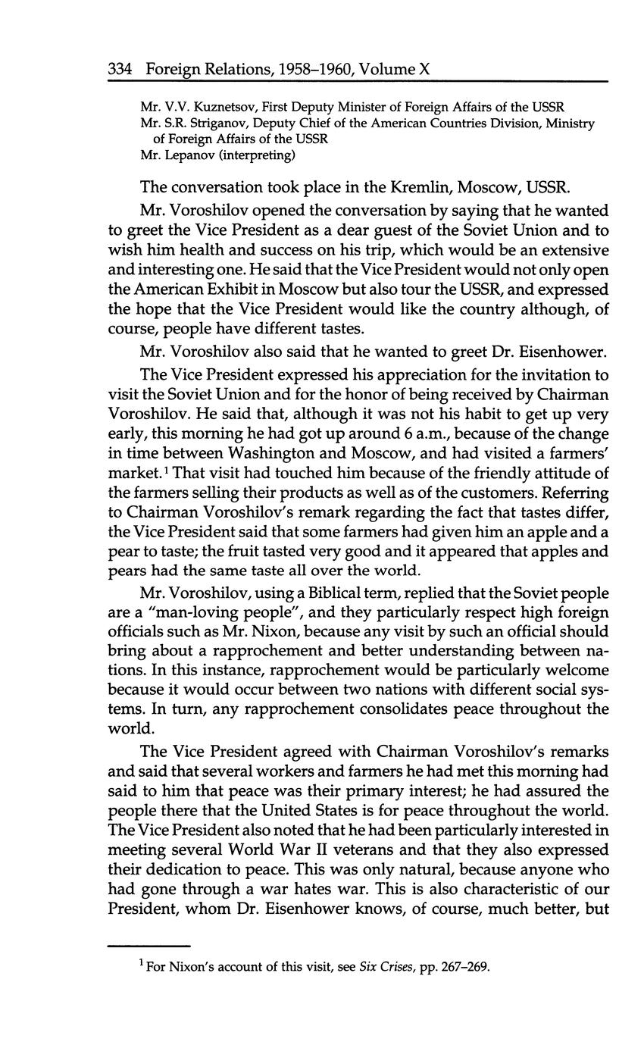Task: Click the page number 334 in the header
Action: [x=120, y=70]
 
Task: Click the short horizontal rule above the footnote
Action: [x=148, y=946]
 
